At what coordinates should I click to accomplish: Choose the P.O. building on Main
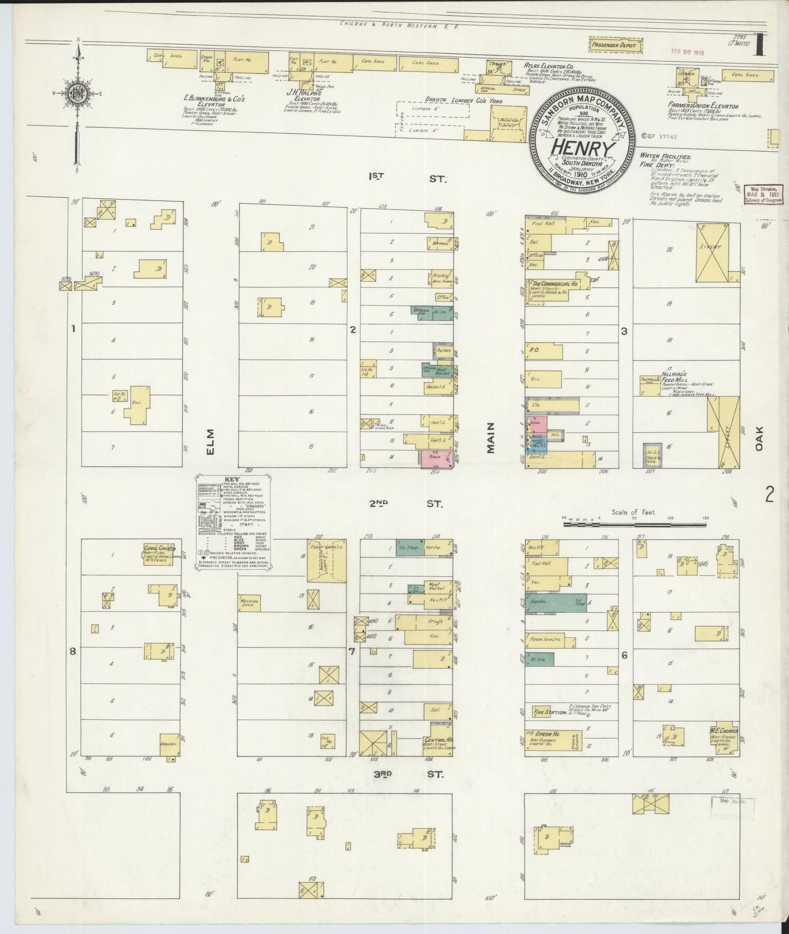(x=543, y=351)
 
